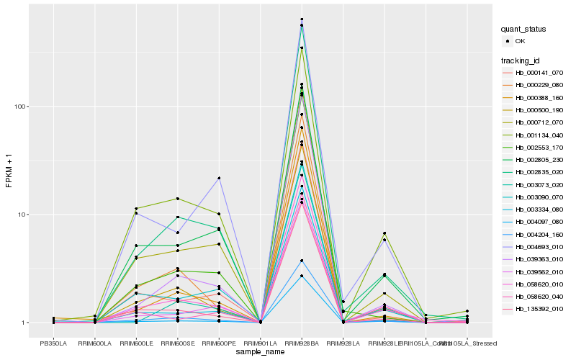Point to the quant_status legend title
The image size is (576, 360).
tap(524, 29)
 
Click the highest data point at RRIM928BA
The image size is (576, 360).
tap(302, 19)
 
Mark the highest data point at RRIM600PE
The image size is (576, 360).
tap(219, 178)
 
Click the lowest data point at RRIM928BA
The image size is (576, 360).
tap(302, 276)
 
